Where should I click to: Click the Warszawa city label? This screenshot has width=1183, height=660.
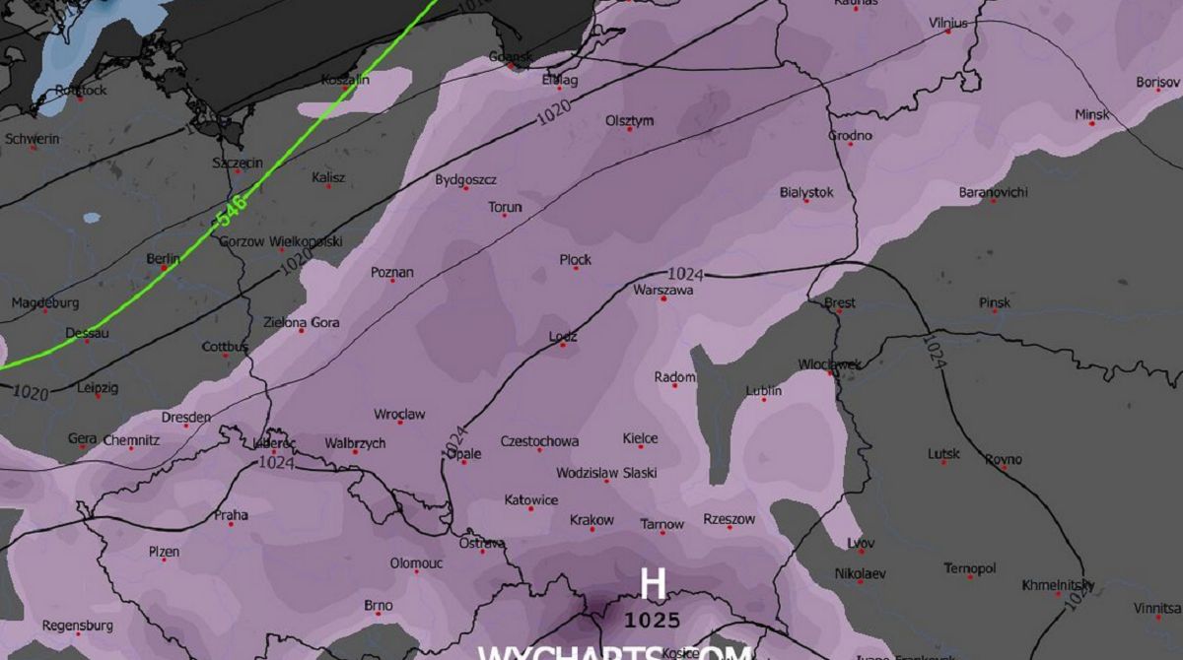(662, 291)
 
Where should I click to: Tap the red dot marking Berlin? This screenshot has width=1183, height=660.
(164, 268)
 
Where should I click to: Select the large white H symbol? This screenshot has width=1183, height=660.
(652, 584)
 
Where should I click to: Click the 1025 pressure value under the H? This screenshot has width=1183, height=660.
(652, 621)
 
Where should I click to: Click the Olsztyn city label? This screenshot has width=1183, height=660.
(629, 120)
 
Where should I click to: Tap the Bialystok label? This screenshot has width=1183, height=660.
(805, 192)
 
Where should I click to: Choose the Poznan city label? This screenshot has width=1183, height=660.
(392, 272)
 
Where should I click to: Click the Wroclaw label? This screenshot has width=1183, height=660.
(399, 415)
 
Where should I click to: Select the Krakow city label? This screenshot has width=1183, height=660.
(591, 520)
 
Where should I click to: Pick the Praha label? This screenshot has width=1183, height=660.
(232, 515)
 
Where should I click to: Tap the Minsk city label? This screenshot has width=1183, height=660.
(1091, 115)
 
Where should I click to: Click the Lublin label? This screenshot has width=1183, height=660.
(763, 391)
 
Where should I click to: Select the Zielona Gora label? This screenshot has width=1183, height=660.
(301, 322)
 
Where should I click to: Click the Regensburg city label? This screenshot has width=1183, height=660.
(77, 626)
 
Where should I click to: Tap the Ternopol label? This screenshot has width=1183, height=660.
(969, 568)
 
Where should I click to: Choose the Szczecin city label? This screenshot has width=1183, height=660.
(238, 163)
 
